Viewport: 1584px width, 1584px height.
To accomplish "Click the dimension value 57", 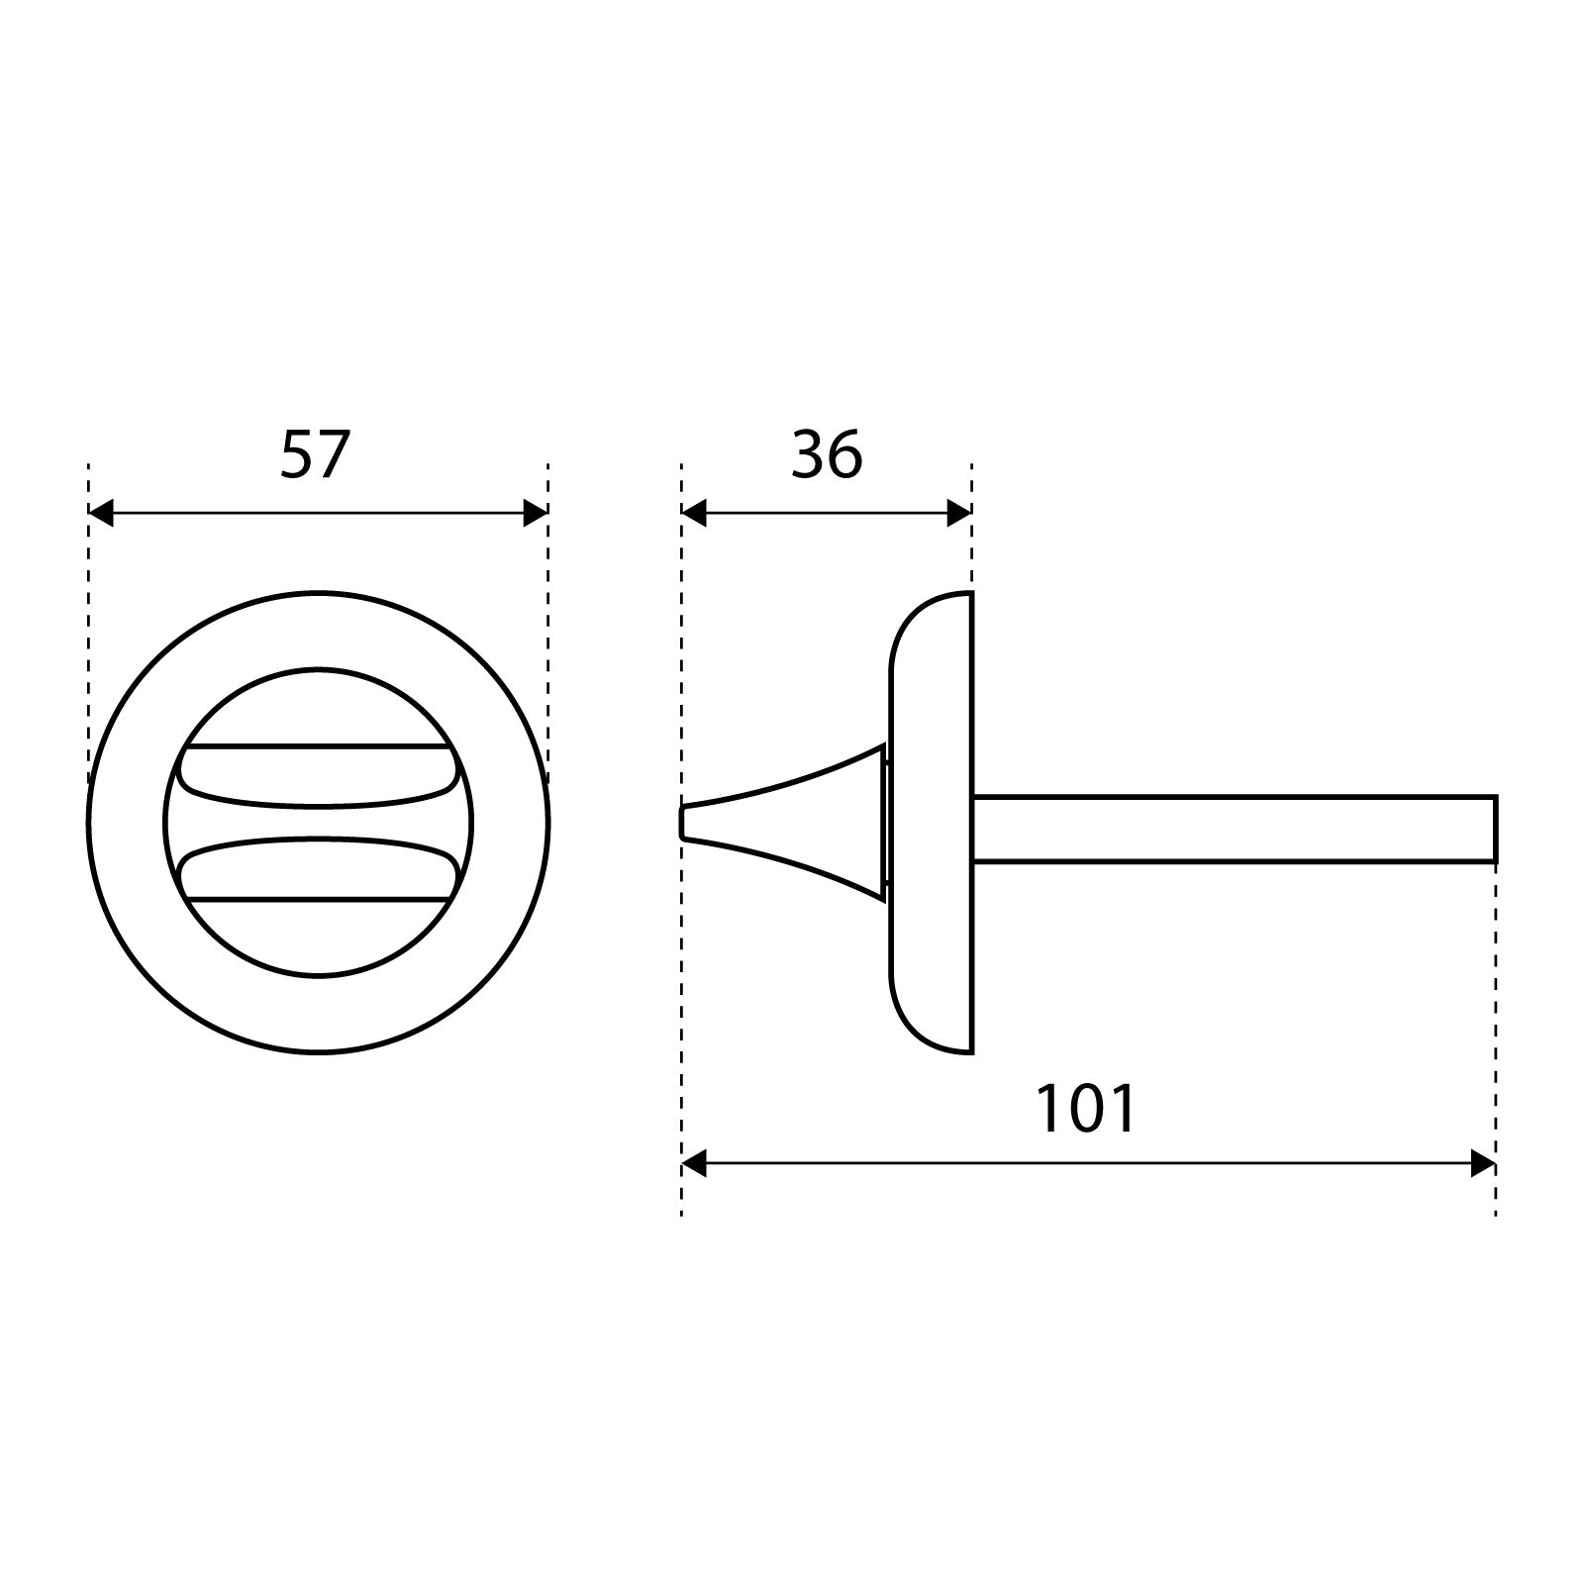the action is [315, 455].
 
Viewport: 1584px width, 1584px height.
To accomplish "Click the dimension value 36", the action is [827, 455].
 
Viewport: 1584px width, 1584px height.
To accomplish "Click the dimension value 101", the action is [1086, 1109].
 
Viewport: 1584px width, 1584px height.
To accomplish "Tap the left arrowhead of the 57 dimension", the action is [101, 514].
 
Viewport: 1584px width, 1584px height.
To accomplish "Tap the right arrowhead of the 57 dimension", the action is [536, 514].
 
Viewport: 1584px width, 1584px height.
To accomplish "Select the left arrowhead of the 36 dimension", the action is [693, 514].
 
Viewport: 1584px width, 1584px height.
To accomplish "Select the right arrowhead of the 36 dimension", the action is [959, 514].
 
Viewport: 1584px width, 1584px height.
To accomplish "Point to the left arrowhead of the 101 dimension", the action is [693, 1164].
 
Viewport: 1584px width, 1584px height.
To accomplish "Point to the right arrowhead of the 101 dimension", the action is [1483, 1164].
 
